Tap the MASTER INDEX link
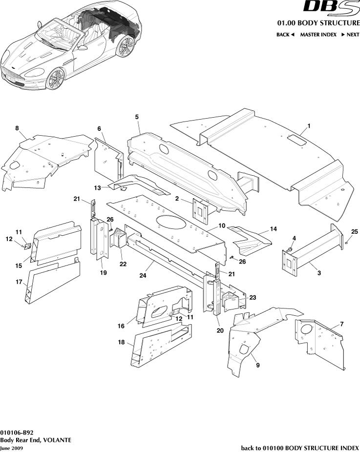[x=318, y=35]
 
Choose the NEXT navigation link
[x=350, y=35]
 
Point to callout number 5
[x=137, y=117]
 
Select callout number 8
[x=17, y=128]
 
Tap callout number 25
[x=355, y=231]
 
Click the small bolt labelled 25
[x=347, y=241]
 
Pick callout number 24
[x=143, y=276]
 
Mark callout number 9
[x=257, y=365]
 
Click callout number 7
[x=342, y=324]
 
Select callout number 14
[x=273, y=228]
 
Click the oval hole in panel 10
[x=171, y=222]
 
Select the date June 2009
[x=11, y=448]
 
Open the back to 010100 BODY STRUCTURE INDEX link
[x=300, y=448]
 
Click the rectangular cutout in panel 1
[x=297, y=140]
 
